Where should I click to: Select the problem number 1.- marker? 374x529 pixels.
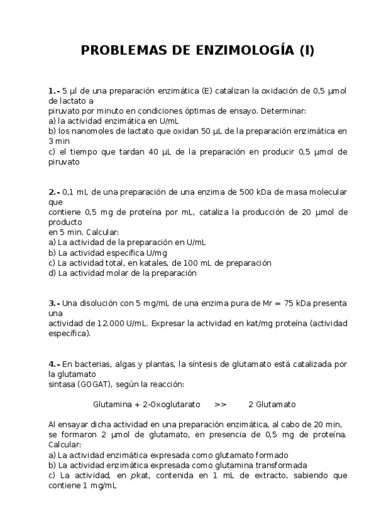click(54, 90)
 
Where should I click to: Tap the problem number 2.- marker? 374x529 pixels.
click(54, 192)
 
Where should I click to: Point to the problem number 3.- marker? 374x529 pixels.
click(54, 303)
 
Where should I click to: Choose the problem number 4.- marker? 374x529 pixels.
click(54, 364)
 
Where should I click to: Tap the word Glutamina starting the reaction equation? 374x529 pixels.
click(112, 404)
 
